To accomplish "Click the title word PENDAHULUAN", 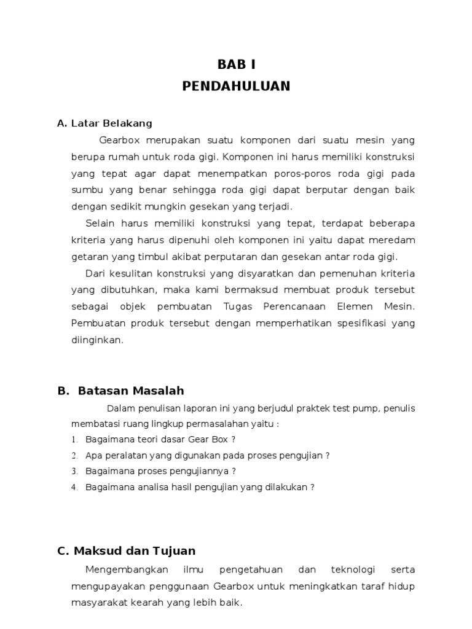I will pyautogui.click(x=236, y=86).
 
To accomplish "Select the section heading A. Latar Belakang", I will pyautogui.click(x=104, y=123).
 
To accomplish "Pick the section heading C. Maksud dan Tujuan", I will pyautogui.click(x=126, y=551).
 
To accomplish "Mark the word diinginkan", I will pyautogui.click(x=97, y=339).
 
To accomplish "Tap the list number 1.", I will pyautogui.click(x=74, y=440).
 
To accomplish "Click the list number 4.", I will pyautogui.click(x=74, y=488).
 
